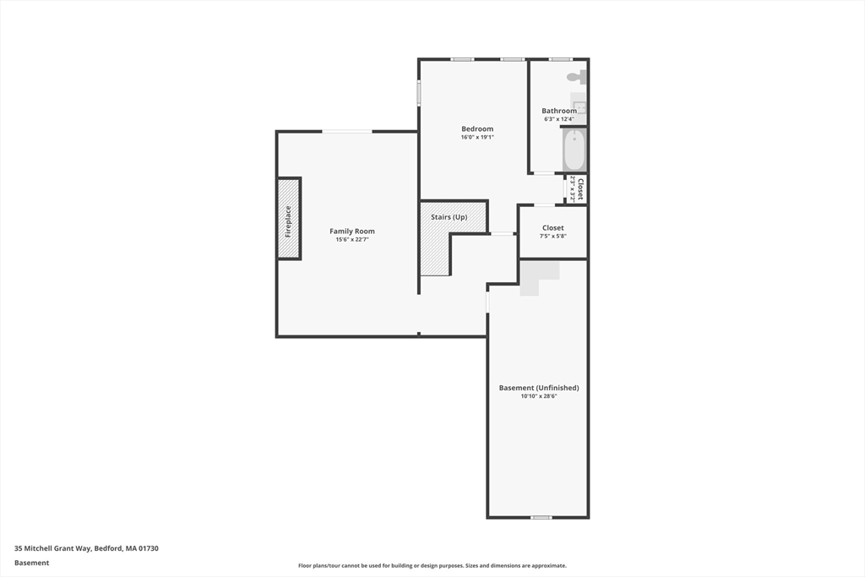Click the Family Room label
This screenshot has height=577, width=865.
tap(352, 231)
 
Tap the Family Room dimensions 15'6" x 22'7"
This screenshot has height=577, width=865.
tap(352, 240)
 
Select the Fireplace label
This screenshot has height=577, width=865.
tap(288, 220)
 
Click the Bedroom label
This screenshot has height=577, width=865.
tap(477, 129)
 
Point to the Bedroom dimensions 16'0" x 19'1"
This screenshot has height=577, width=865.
tap(477, 137)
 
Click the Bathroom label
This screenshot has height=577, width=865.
tap(559, 111)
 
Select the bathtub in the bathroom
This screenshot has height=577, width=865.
tap(574, 150)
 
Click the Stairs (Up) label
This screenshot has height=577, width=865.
tap(449, 217)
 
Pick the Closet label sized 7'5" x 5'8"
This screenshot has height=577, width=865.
tap(553, 228)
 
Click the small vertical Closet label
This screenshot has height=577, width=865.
tap(580, 188)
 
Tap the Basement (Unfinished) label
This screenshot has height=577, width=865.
tap(539, 388)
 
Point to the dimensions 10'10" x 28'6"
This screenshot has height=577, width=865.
tap(539, 396)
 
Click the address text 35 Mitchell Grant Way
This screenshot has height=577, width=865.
tap(86, 548)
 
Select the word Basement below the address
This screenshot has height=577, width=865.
tap(32, 563)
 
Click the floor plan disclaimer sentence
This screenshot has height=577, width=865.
tap(432, 566)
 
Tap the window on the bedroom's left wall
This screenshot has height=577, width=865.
tap(418, 93)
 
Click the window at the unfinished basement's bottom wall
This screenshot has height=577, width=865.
tap(541, 517)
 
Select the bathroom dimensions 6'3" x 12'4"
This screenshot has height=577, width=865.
tap(559, 119)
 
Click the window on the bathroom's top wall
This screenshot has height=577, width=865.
tap(560, 59)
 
